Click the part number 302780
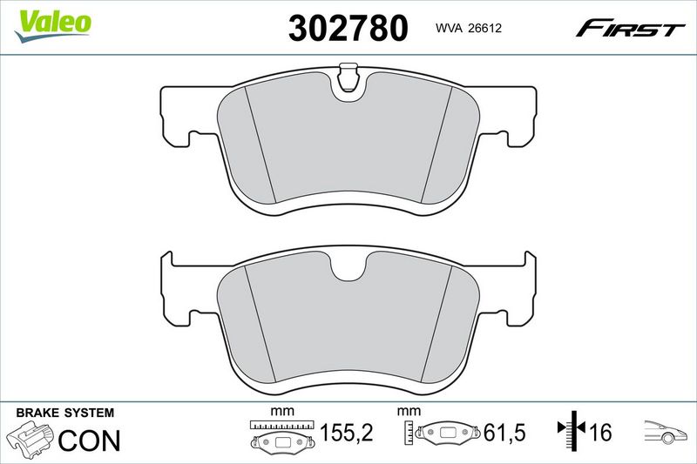point(348,28)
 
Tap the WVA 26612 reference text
point(469,28)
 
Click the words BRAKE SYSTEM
point(64,413)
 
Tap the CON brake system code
point(89,440)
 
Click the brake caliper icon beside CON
point(30,438)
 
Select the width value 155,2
point(346,433)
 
